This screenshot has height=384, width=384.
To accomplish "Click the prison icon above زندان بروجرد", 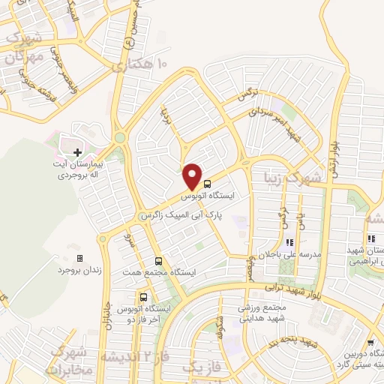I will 79,258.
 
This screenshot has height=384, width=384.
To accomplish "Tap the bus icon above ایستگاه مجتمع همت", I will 157,260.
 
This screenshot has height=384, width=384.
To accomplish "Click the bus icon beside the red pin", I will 207,183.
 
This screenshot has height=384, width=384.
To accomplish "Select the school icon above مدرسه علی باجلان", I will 289,242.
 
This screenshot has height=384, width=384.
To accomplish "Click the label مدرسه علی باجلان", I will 289,253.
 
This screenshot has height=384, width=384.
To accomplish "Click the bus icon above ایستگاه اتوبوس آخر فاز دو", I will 143,297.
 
